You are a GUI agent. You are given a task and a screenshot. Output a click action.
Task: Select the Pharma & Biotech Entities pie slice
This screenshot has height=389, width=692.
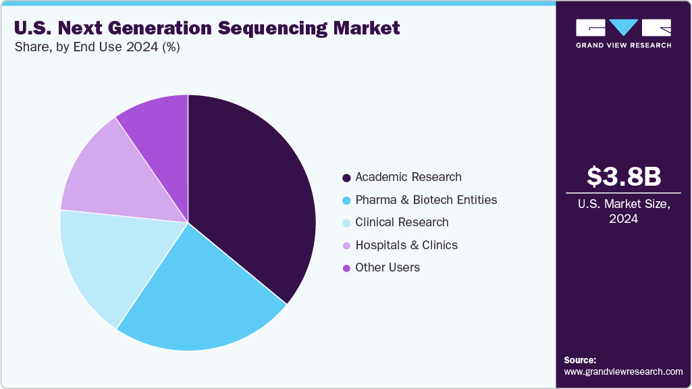(x=203, y=297)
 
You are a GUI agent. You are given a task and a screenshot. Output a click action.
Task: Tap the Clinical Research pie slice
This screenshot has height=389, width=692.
(x=108, y=263)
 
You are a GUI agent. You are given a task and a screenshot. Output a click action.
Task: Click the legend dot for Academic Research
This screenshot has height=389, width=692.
(x=346, y=178)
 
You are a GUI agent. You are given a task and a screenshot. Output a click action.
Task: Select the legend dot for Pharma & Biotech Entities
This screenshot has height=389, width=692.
(x=346, y=201)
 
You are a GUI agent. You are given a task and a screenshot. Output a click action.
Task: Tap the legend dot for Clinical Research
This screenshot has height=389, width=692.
(x=346, y=223)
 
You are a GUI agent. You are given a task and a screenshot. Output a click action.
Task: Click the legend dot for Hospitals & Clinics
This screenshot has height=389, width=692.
(x=346, y=246)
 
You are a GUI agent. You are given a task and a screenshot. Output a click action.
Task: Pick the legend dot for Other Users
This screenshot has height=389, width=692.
(x=346, y=268)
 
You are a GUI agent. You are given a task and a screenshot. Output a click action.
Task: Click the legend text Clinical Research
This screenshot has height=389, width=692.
(x=402, y=222)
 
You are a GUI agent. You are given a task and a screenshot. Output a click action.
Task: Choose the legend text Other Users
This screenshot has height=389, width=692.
(x=388, y=267)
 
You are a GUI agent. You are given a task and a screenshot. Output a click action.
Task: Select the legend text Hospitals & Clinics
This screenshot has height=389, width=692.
(x=406, y=245)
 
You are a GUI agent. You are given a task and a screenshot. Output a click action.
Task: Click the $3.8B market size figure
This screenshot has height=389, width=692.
(x=623, y=177)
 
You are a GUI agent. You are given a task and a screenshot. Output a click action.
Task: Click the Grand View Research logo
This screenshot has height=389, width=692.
(x=623, y=33)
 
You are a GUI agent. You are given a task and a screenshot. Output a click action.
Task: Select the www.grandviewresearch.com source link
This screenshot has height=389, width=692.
(x=623, y=372)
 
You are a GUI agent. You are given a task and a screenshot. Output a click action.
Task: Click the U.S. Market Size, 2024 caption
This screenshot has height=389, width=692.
(x=623, y=211)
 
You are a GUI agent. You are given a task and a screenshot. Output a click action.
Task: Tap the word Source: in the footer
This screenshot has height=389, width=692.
(x=580, y=360)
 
